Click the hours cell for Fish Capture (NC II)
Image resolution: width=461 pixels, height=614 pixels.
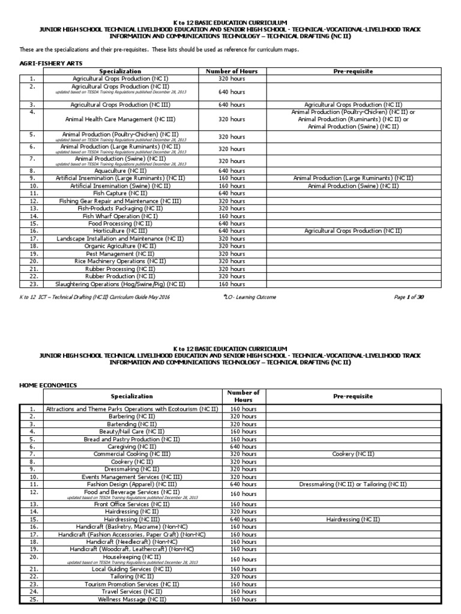point(232,193)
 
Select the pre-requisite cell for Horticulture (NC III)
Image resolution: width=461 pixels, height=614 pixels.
point(353,230)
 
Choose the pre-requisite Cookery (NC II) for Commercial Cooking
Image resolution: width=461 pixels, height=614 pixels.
point(353,454)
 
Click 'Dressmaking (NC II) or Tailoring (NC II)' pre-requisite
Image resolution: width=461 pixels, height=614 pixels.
point(353,484)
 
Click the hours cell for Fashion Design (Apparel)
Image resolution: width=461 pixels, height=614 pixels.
point(243,484)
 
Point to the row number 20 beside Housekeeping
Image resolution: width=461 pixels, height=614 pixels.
point(32,556)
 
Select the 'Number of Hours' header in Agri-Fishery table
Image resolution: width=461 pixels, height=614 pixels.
point(232,71)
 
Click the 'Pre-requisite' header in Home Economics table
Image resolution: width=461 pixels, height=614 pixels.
point(353,396)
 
